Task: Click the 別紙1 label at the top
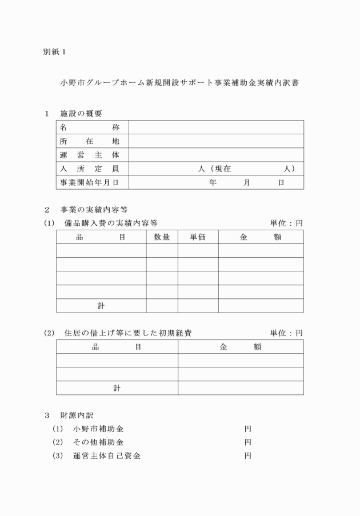[55, 52]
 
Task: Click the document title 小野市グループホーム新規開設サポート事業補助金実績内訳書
[180, 82]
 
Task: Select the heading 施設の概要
[81, 113]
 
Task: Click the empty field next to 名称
[216, 127]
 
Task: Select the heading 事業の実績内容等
[98, 209]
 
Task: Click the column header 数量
[162, 237]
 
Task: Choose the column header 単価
[197, 237]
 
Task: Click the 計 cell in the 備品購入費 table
[101, 306]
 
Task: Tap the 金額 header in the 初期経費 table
[241, 347]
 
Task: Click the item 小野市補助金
[98, 429]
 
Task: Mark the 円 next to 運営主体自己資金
[248, 456]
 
